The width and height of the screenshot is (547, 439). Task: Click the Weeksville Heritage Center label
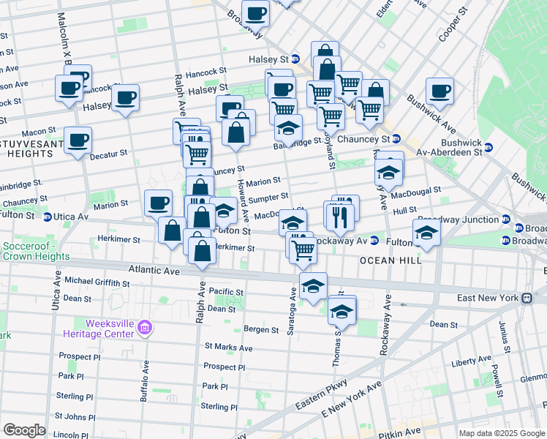coord(110,328)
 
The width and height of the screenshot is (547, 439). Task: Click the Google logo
coord(24,430)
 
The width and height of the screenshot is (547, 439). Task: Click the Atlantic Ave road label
coord(154,270)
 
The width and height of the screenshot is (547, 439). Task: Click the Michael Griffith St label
coord(97,280)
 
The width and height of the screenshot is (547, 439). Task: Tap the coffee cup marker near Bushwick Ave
coord(440,91)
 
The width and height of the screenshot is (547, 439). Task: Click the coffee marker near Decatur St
coord(78,140)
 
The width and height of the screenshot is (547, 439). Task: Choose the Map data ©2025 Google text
coord(502,433)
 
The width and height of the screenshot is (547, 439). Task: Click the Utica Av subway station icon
coord(47,217)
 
